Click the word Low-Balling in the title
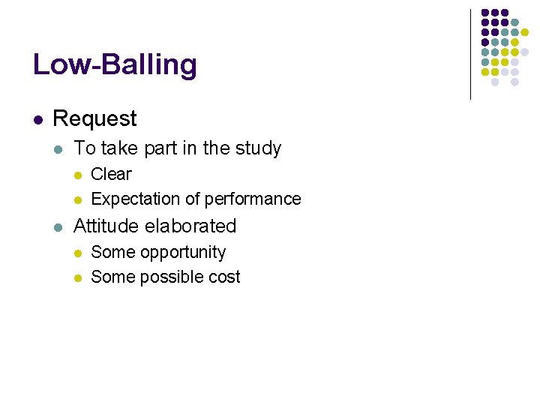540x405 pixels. (x=115, y=64)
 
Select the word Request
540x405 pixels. (x=95, y=118)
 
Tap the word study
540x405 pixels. (x=258, y=148)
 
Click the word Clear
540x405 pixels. (x=111, y=174)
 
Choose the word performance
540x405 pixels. (x=257, y=199)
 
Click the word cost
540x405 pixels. (x=224, y=277)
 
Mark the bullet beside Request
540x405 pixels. (x=37, y=119)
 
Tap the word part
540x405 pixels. (x=159, y=148)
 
